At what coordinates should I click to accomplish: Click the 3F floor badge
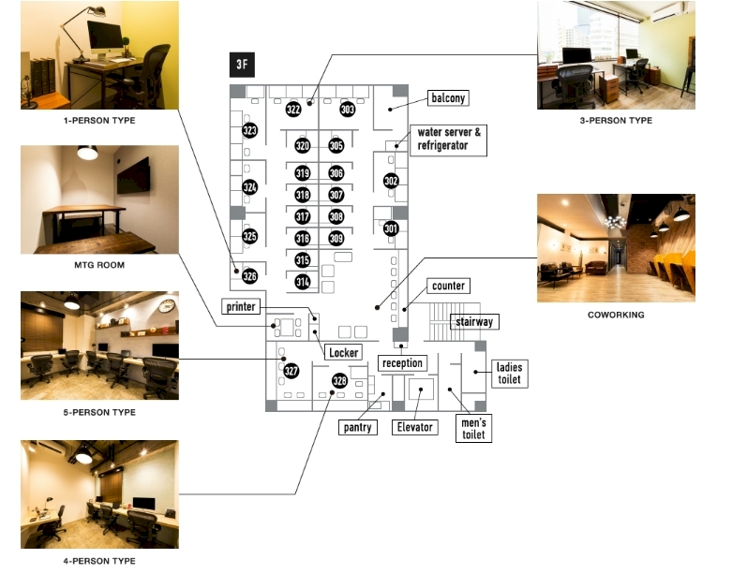242,66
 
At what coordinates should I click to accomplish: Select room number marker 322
293,110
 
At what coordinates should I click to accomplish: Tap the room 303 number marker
348,110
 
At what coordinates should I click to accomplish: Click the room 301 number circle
391,228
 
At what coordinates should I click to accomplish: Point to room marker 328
339,381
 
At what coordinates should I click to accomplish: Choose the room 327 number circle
291,371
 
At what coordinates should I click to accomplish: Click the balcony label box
447,97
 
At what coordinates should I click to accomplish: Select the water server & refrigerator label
449,139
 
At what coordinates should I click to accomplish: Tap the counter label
447,285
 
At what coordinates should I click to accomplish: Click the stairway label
473,321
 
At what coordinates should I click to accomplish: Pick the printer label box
240,307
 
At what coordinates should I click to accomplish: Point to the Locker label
342,352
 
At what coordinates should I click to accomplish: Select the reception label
402,362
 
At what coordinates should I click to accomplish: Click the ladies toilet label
509,374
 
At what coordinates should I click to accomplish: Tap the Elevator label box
415,427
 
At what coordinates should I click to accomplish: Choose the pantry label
357,427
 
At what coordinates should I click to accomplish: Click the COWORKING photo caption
616,315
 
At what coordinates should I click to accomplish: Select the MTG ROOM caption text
99,265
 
